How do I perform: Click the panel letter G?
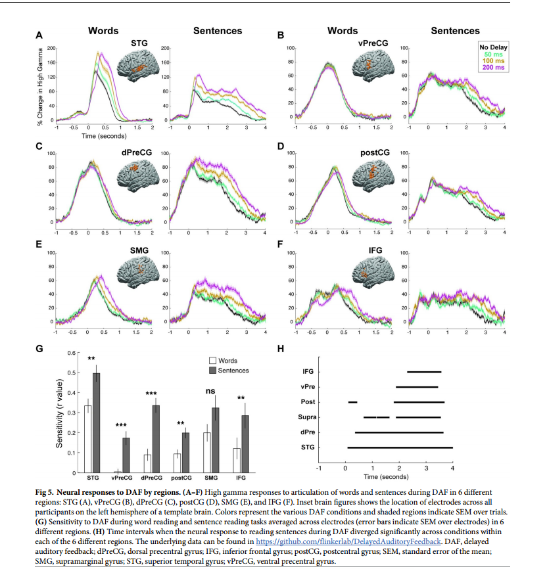click(x=39, y=350)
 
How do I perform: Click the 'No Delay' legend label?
click(x=491, y=47)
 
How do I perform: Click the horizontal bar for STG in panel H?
click(x=400, y=447)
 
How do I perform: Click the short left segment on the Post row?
click(x=353, y=401)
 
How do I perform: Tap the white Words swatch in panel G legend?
click(x=213, y=360)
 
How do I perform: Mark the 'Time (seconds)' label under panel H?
click(x=386, y=476)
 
